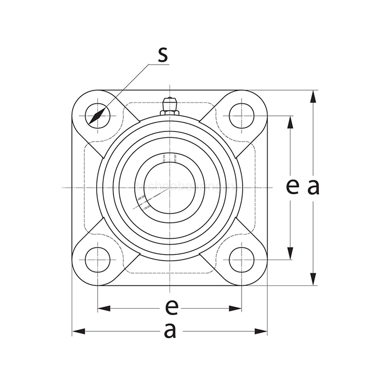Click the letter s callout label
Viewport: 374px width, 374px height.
pos(162,55)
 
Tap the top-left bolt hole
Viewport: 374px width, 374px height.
pos(98,116)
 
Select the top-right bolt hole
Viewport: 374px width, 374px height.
pos(241,116)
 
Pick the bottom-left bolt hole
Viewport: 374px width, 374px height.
pos(98,260)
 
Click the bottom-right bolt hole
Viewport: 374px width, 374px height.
pos(241,260)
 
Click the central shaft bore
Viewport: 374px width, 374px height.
pos(169,188)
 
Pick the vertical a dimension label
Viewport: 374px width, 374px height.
pos(313,186)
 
